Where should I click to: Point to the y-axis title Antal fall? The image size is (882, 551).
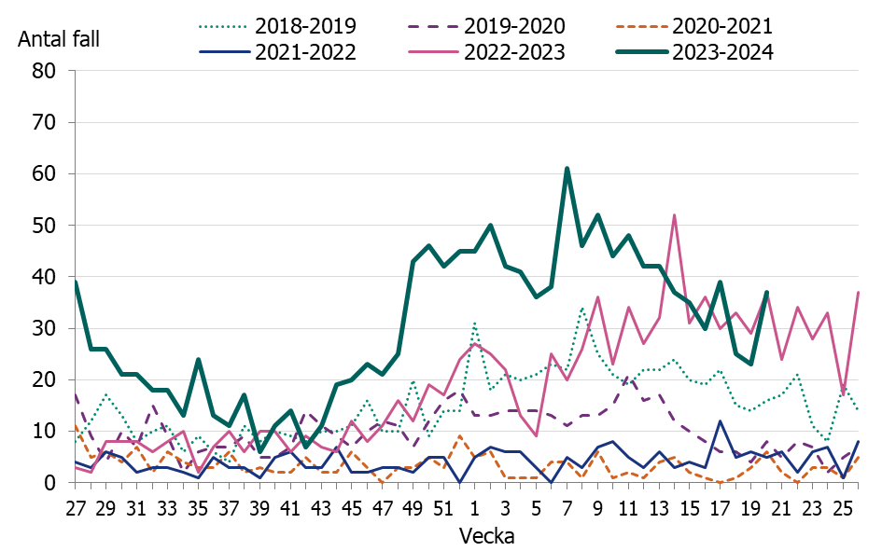click(58, 39)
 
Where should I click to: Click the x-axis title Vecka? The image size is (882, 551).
click(484, 537)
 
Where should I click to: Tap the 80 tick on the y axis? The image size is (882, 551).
click(45, 71)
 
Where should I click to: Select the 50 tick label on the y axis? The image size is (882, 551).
click(45, 226)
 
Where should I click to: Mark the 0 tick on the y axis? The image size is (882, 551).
click(52, 483)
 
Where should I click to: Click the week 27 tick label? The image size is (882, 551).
click(76, 509)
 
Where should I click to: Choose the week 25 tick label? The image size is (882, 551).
click(843, 509)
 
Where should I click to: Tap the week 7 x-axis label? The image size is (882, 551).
click(567, 509)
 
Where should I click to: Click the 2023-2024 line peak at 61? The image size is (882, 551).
click(567, 169)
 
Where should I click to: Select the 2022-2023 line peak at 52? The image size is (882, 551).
click(674, 215)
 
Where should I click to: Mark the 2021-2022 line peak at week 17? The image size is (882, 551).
click(720, 421)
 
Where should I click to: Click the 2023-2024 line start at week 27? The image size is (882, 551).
click(76, 282)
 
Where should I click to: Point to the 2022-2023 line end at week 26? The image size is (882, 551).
click(858, 293)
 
